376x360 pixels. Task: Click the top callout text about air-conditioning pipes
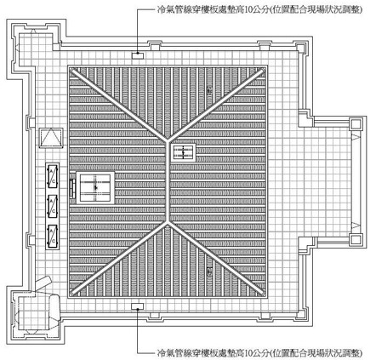click(x=259, y=10)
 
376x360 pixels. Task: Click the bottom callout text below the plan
click(x=259, y=353)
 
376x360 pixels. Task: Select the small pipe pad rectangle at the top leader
click(x=138, y=55)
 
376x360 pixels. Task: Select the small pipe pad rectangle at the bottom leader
click(x=138, y=306)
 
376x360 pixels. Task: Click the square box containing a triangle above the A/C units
click(x=51, y=138)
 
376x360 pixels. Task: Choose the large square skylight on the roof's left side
click(x=95, y=187)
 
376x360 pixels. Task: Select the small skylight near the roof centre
click(x=183, y=152)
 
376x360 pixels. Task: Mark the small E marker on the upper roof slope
click(x=209, y=90)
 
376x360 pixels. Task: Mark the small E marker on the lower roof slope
click(x=209, y=271)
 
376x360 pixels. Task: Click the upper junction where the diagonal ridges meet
click(x=168, y=140)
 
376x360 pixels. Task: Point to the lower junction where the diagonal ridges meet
click(x=168, y=221)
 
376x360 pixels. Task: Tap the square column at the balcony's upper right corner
click(x=356, y=124)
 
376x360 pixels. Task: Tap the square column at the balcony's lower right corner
click(x=356, y=240)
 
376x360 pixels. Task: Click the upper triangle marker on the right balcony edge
click(x=356, y=136)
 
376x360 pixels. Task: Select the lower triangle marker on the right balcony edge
click(x=356, y=226)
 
